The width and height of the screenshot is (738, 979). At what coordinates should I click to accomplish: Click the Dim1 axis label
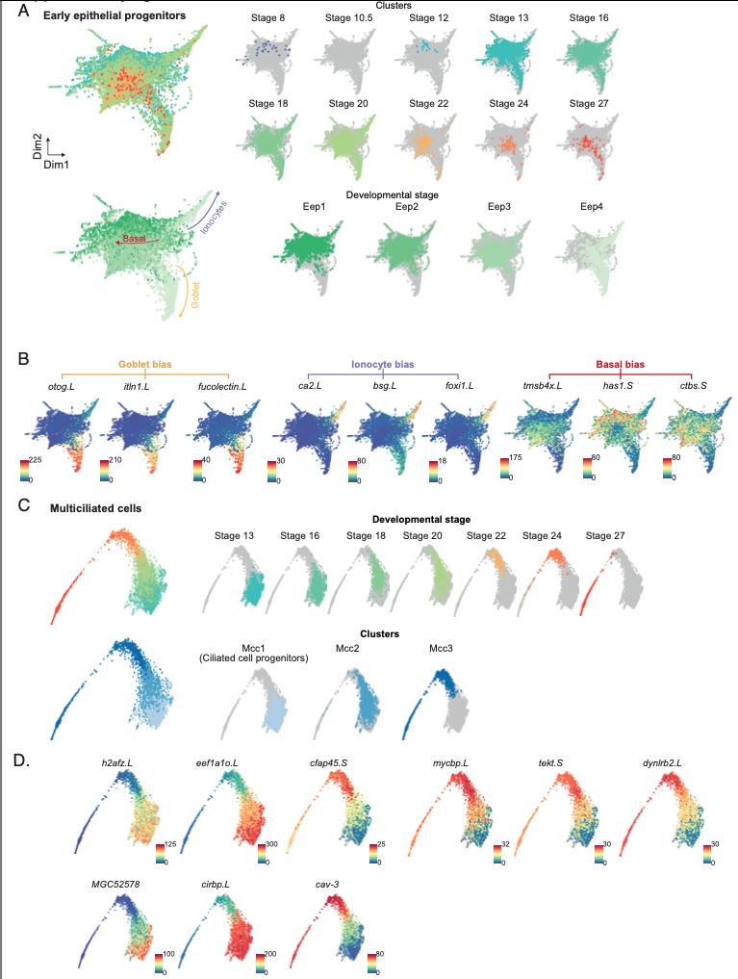pyautogui.click(x=55, y=166)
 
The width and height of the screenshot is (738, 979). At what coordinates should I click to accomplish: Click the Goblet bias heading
pyautogui.click(x=144, y=366)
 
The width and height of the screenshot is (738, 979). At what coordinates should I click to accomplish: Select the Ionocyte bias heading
pyautogui.click(x=383, y=366)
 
